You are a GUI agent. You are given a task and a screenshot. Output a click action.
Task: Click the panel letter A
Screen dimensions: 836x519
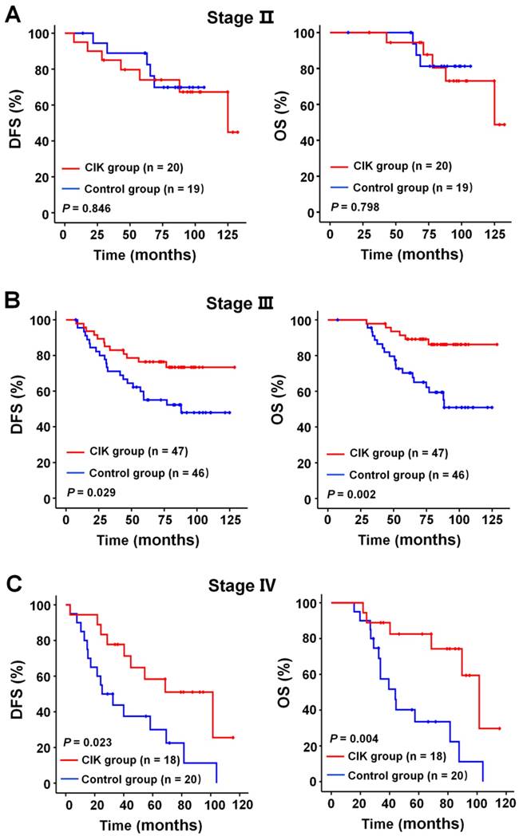13,14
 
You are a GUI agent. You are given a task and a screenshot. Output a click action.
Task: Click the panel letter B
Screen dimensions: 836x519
13,303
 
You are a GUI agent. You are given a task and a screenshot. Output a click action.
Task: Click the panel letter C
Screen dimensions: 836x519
13,586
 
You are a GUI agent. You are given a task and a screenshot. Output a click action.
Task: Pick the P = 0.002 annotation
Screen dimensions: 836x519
351,492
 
